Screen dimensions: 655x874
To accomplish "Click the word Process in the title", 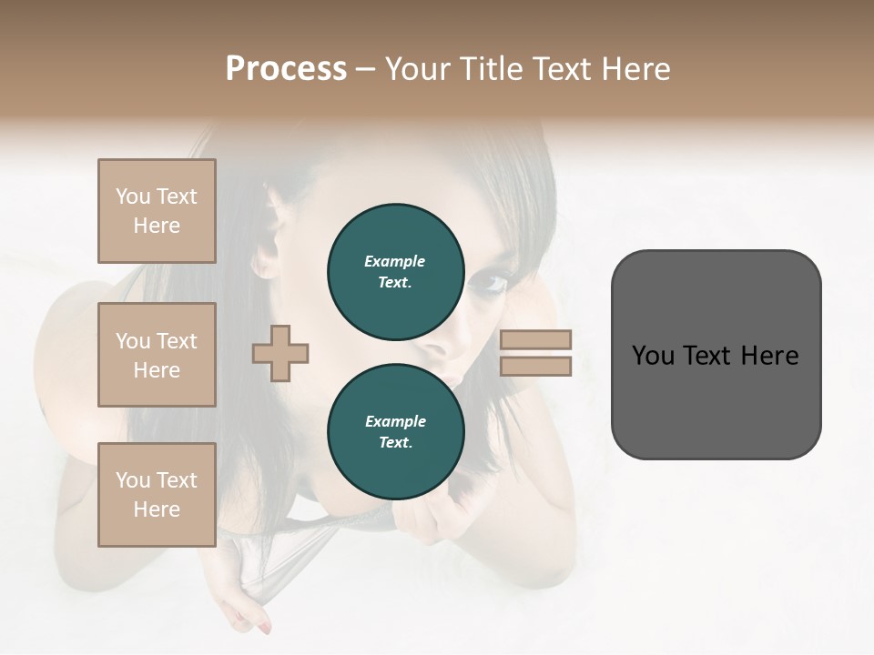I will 286,69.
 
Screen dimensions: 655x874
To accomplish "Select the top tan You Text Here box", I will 157,211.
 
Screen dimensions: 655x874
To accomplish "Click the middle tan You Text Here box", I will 157,355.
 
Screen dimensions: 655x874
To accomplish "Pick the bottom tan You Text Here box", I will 157,495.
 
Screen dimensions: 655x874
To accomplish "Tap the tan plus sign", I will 280,352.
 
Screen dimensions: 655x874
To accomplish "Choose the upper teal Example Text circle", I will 395,271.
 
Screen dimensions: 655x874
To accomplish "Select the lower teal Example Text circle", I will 395,431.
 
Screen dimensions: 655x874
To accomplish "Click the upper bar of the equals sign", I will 535,339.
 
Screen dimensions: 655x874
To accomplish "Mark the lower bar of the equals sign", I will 535,366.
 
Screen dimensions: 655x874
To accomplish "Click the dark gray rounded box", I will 716,354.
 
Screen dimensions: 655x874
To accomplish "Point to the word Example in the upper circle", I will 395,261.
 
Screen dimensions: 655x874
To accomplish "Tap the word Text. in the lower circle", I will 395,443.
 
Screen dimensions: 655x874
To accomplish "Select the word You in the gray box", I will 653,356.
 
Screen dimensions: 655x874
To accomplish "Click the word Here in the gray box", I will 769,356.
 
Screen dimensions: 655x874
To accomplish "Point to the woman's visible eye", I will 493,285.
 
